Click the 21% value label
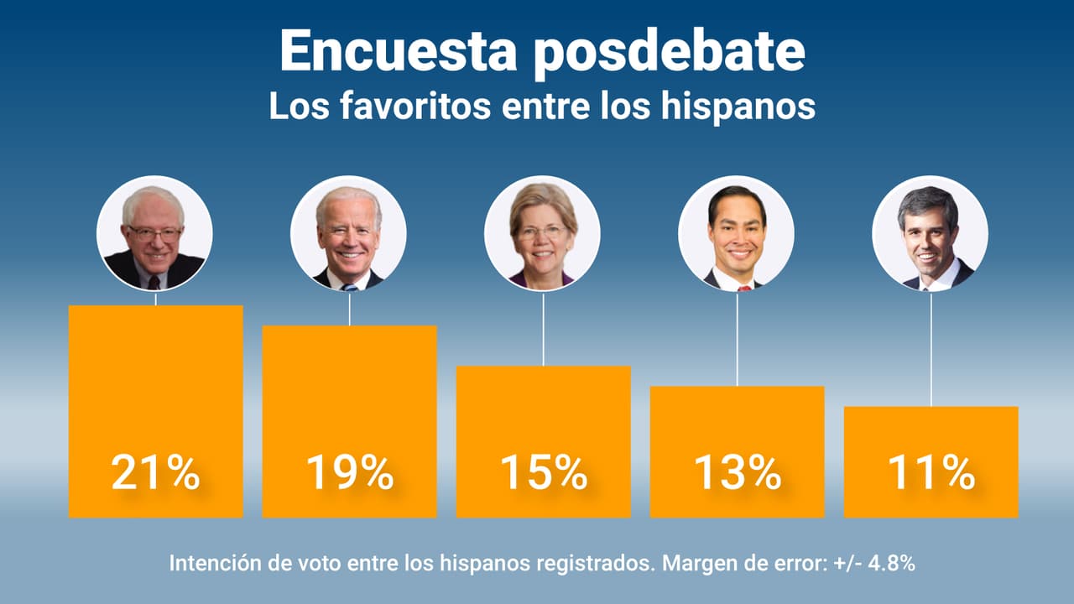(155, 474)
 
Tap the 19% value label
(349, 474)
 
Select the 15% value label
(543, 474)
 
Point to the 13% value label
(737, 474)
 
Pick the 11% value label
(931, 474)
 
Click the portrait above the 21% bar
(154, 233)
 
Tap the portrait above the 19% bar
(348, 233)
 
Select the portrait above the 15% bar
(542, 233)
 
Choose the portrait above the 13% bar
(736, 233)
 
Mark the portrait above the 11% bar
(930, 233)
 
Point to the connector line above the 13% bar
(737, 339)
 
